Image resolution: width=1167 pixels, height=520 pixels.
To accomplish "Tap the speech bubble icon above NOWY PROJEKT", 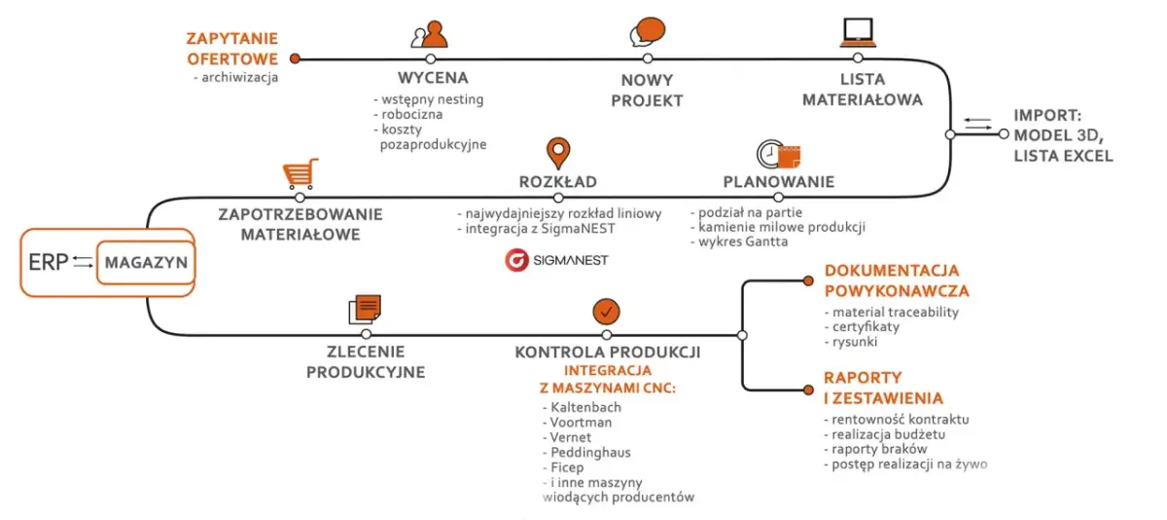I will coord(647,32).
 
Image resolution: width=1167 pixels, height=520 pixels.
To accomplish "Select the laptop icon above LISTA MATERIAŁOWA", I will coord(857,32).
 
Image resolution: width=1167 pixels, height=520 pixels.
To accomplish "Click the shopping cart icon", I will coord(300,174).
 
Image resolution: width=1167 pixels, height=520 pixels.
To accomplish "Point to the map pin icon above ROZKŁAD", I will coord(557,154).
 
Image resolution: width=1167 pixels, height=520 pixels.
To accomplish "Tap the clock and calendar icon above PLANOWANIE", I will coord(778,155).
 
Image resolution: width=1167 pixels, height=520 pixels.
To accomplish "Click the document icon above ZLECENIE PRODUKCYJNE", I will coord(365,309).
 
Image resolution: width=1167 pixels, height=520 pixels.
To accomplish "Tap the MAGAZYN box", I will coord(145,263).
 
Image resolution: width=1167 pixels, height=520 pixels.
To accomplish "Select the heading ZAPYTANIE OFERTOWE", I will coord(232,49).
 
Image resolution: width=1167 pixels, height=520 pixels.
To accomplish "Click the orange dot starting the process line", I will coord(296,58).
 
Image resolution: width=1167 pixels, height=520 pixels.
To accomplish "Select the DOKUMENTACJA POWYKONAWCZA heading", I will coord(896,280).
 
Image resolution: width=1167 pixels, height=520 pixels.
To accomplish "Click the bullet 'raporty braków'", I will coord(874,449).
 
